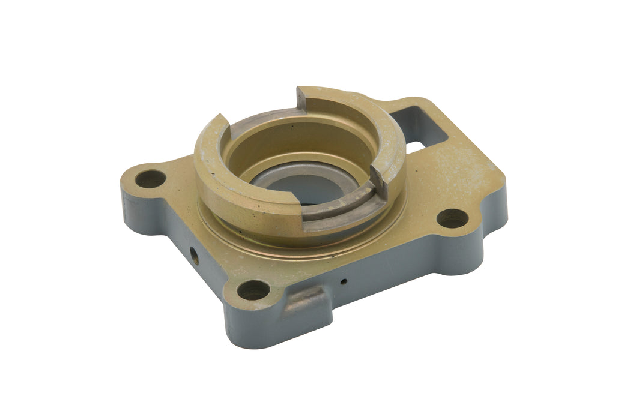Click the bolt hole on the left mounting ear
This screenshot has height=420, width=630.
pos(150,178)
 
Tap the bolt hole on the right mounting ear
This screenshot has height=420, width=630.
pos(452,218)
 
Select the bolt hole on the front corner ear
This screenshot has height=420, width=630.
pos(253,290)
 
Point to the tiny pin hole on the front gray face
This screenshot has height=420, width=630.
pos(343,281)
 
